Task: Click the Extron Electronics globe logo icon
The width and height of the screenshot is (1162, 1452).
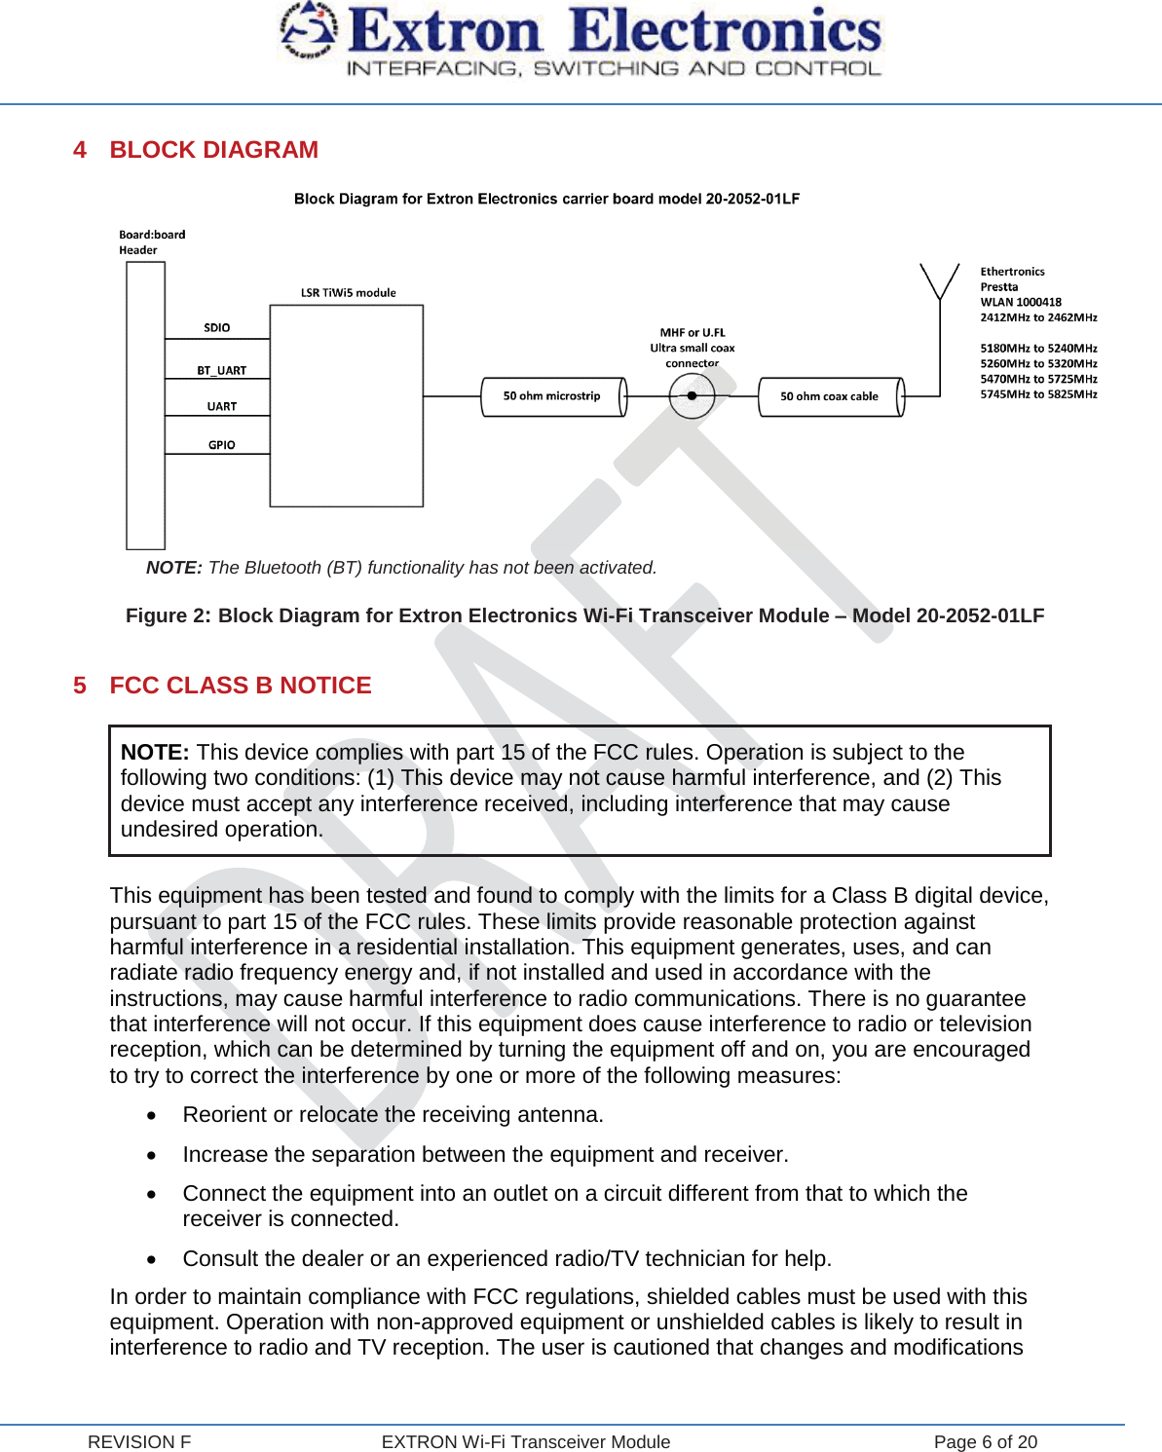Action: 308,29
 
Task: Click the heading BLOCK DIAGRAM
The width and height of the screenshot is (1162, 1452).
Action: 213,150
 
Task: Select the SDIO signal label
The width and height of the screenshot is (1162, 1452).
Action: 217,328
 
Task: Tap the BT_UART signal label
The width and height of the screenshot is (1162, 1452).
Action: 221,371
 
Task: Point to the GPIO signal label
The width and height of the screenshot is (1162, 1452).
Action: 221,445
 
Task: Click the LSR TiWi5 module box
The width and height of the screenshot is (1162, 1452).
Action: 346,406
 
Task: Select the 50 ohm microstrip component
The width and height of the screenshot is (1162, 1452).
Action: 552,396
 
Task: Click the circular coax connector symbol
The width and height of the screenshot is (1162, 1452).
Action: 692,396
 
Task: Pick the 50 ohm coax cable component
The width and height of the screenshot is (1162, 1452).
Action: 830,396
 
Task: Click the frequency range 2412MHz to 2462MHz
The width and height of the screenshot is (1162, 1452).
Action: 1038,317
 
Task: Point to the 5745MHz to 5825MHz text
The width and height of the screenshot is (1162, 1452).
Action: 1038,394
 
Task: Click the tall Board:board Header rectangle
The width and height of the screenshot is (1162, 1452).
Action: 145,406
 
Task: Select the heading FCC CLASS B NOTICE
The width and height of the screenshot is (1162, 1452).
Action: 241,686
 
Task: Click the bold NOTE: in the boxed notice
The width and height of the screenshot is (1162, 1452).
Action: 155,753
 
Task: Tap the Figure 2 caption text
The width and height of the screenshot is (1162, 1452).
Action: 584,615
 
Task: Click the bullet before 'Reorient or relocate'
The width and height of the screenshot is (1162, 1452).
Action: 151,1116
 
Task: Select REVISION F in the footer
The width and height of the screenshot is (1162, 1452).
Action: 139,1442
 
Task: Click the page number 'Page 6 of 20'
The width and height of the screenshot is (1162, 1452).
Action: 985,1442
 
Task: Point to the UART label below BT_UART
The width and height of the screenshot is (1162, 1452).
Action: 221,407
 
